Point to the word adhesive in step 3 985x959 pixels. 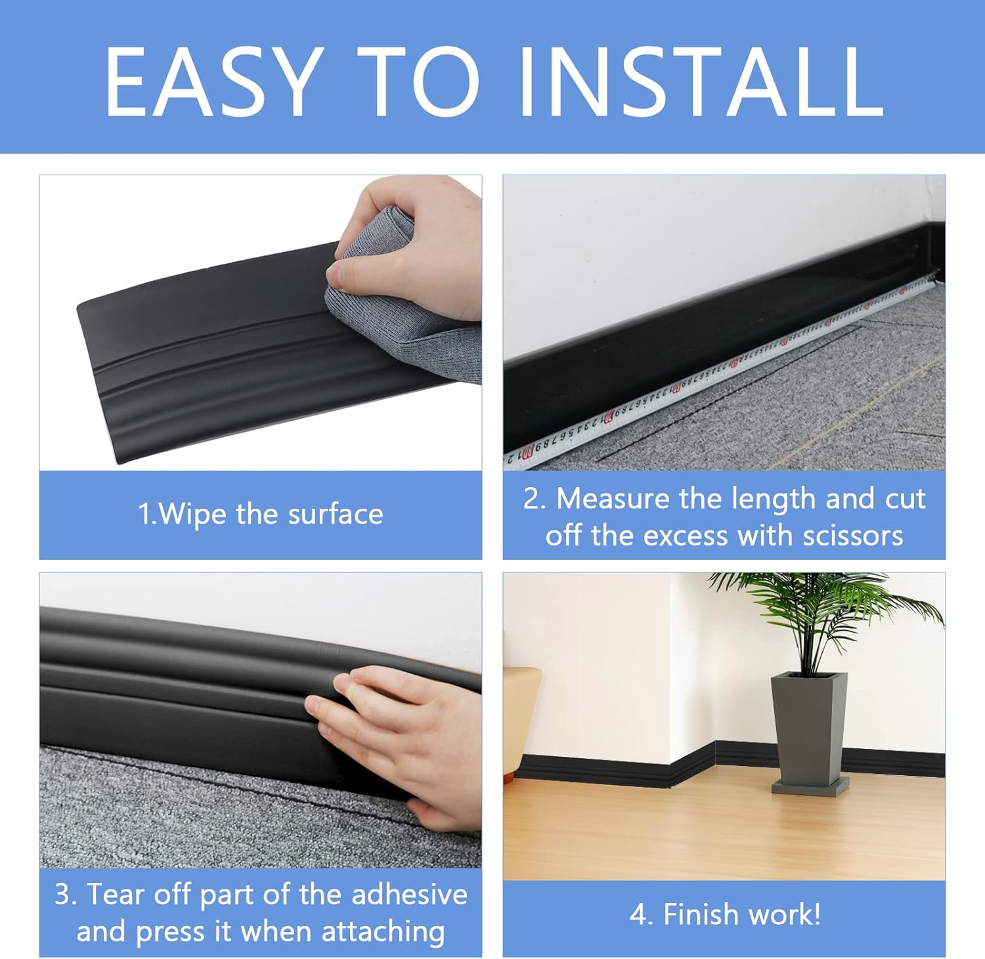409,895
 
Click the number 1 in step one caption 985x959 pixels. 144,514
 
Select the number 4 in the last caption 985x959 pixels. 637,914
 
